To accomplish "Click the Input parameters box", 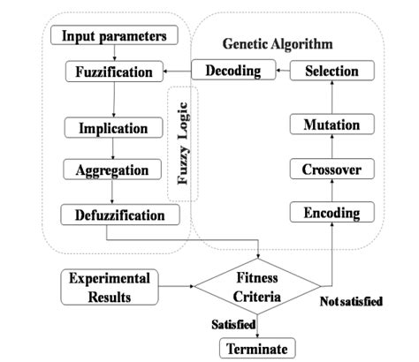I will (x=114, y=36).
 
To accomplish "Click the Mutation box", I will (x=331, y=126).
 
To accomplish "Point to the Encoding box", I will (x=331, y=213).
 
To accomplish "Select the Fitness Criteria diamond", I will (x=257, y=287).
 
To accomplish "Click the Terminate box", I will (x=257, y=348).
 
